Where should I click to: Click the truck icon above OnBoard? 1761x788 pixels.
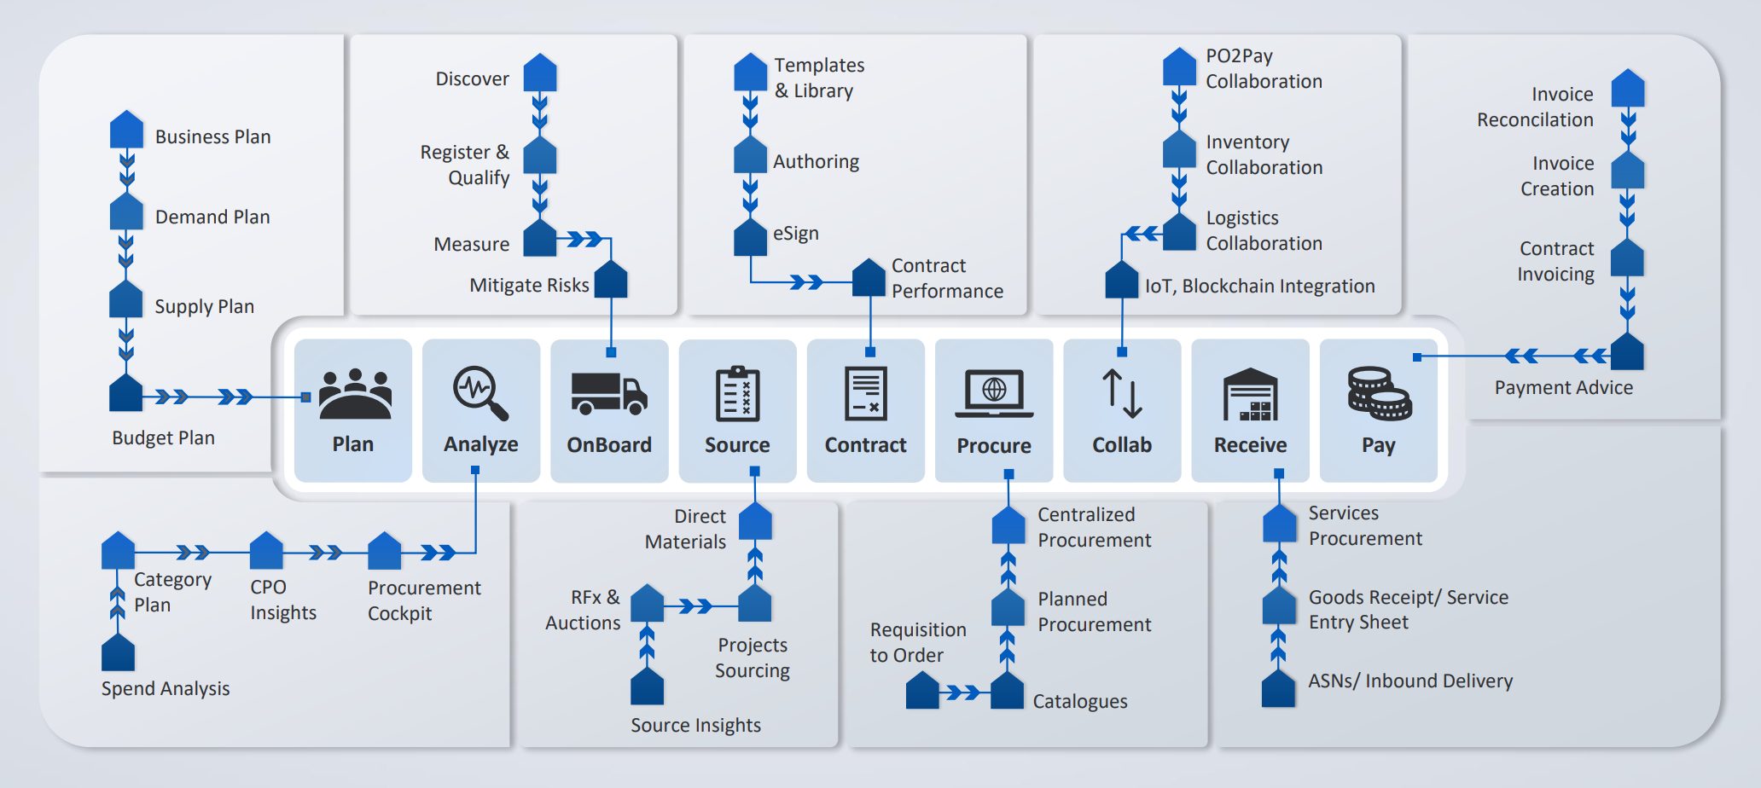[608, 394]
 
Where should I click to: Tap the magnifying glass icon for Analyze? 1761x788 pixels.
[480, 393]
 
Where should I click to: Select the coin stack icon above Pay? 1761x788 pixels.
[1379, 393]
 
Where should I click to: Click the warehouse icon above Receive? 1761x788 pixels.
[1250, 394]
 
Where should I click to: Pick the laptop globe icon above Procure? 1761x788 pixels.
[994, 393]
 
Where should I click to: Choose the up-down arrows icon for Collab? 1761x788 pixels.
[1122, 393]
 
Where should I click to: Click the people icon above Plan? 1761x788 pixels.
[354, 393]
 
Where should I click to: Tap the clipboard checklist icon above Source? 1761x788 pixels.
[737, 393]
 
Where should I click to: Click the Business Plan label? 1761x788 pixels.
[212, 136]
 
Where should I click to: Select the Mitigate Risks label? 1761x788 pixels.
[529, 285]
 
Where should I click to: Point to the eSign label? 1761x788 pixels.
[795, 233]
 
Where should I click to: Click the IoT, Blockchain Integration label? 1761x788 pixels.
[1259, 286]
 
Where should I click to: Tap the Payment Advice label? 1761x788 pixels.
[1563, 387]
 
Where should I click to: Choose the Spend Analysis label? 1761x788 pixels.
[166, 688]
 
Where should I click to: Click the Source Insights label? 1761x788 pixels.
[695, 725]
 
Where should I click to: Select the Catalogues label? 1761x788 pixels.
[1079, 701]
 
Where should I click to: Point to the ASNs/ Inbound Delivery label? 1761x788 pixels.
[1409, 681]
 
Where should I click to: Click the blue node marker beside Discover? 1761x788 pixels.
[539, 74]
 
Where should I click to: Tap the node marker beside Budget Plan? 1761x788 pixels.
[126, 393]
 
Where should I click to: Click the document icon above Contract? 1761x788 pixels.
[865, 393]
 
